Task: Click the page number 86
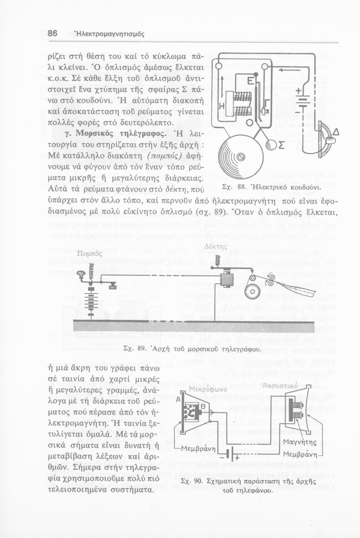pyautogui.click(x=52, y=34)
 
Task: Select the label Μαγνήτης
pyautogui.click(x=300, y=442)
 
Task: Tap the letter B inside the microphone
pyautogui.click(x=203, y=406)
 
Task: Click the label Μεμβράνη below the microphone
pyautogui.click(x=199, y=449)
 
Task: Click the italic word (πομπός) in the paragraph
pyautogui.click(x=165, y=157)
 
